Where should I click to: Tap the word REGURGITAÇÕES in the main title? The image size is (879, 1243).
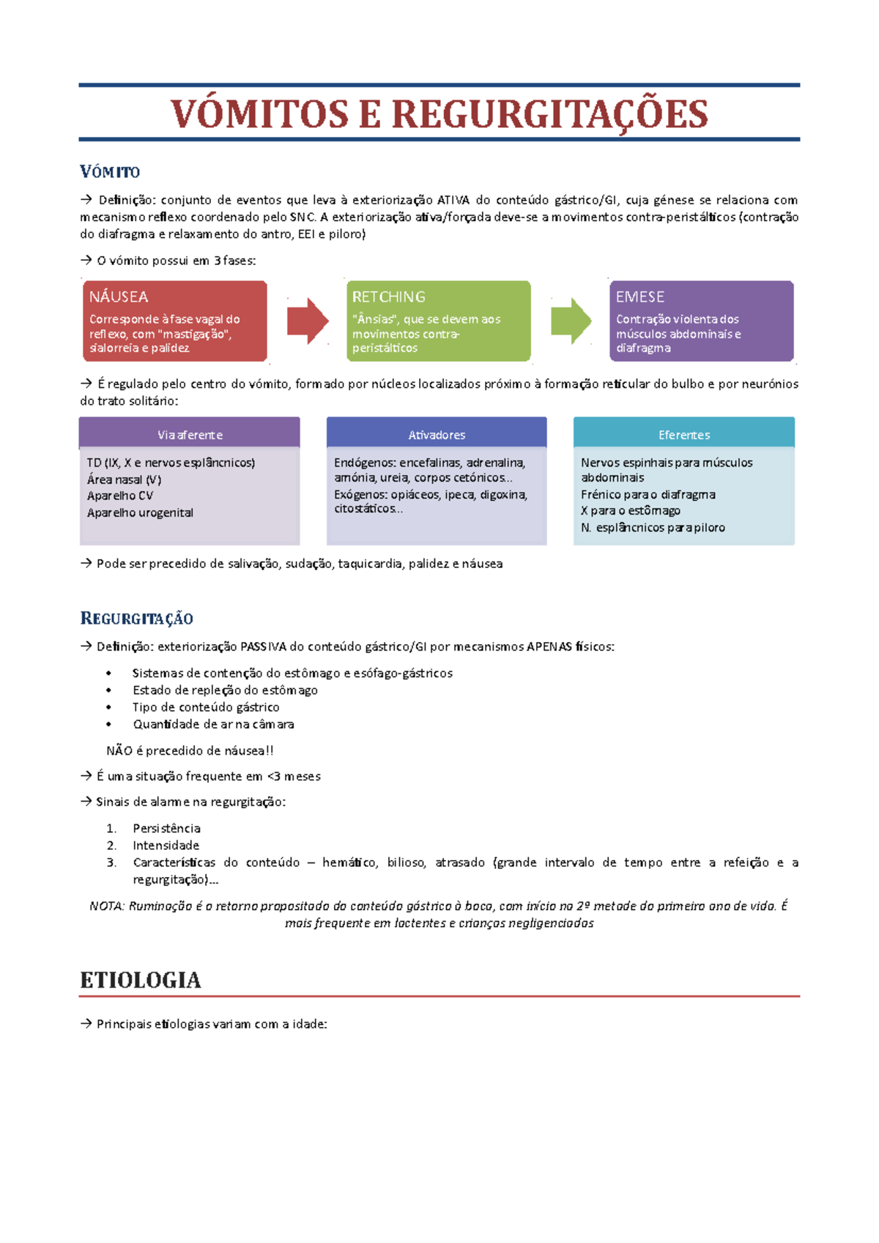[549, 114]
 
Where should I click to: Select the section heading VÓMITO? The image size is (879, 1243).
[110, 172]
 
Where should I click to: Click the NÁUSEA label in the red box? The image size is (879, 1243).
[119, 296]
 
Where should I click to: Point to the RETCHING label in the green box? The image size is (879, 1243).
[388, 296]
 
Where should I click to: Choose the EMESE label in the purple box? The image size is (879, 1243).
[640, 296]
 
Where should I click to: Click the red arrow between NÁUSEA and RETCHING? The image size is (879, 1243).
[307, 321]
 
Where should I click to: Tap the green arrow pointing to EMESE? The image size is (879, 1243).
[570, 321]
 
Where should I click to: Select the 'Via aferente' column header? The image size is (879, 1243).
[190, 435]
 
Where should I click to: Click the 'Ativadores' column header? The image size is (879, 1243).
[437, 435]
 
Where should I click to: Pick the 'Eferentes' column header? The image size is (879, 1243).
[684, 435]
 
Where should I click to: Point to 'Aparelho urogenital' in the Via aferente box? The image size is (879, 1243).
[140, 512]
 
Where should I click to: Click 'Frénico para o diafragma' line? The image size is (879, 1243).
[648, 494]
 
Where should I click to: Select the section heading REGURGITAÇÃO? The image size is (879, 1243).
[136, 619]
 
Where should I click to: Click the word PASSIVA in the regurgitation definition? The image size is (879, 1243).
[263, 646]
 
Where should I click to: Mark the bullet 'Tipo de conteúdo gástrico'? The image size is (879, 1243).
[206, 707]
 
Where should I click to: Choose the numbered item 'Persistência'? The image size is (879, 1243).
[166, 828]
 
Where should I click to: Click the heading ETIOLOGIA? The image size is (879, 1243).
[140, 979]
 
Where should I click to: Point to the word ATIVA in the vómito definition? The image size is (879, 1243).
[453, 200]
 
